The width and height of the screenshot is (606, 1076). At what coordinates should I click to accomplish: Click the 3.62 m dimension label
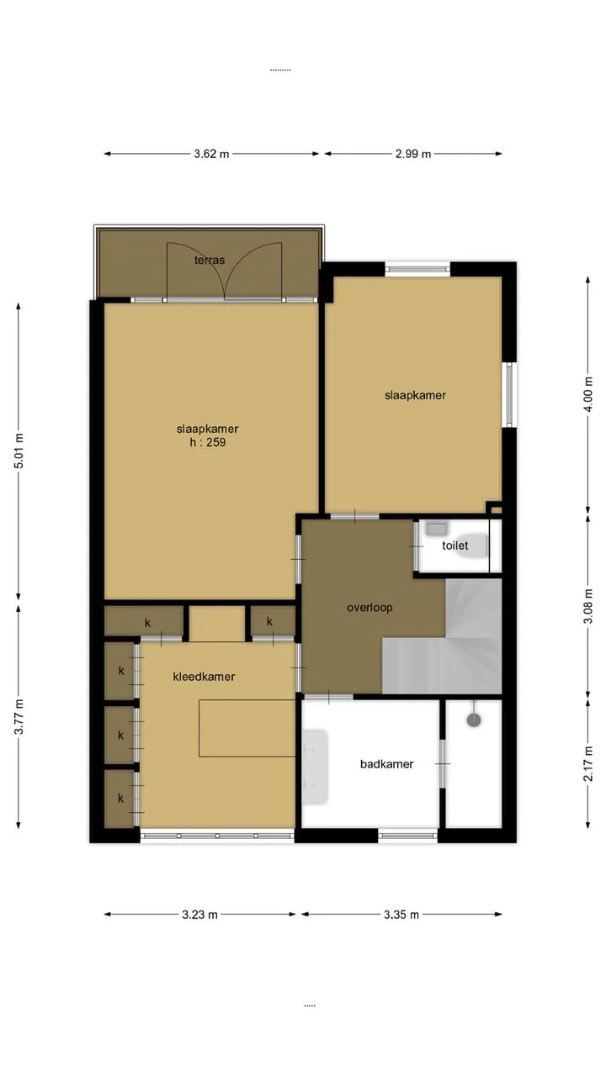pyautogui.click(x=211, y=154)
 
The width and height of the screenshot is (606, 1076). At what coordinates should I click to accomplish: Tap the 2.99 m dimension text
pyautogui.click(x=413, y=154)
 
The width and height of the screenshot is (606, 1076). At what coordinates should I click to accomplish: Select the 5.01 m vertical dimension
pyautogui.click(x=19, y=451)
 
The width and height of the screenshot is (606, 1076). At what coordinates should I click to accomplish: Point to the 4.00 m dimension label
pyautogui.click(x=588, y=394)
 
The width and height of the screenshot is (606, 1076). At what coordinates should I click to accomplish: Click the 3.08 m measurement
pyautogui.click(x=588, y=606)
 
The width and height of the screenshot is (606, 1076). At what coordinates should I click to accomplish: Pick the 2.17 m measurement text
pyautogui.click(x=588, y=764)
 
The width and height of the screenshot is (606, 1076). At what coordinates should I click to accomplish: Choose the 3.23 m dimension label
pyautogui.click(x=199, y=915)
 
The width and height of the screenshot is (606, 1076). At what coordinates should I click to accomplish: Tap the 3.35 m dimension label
pyautogui.click(x=401, y=915)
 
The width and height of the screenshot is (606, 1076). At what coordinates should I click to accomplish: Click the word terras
pyautogui.click(x=210, y=261)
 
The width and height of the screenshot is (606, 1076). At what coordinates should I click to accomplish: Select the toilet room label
pyautogui.click(x=455, y=546)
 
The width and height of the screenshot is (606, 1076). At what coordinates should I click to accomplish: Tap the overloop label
pyautogui.click(x=369, y=608)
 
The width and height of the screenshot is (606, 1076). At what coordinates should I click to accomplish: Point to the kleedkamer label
pyautogui.click(x=204, y=677)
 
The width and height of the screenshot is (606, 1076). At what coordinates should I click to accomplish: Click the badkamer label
pyautogui.click(x=386, y=764)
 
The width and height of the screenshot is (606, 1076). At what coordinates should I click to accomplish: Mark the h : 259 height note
pyautogui.click(x=207, y=442)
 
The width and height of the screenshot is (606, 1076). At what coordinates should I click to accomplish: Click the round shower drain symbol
pyautogui.click(x=474, y=720)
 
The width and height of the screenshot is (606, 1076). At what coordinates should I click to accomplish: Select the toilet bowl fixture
pyautogui.click(x=472, y=546)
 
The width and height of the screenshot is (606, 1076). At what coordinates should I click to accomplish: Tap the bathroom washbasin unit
pyautogui.click(x=315, y=767)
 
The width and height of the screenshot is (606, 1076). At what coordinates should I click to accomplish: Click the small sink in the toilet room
pyautogui.click(x=437, y=529)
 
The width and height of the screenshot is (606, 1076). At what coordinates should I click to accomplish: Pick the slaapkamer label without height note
pyautogui.click(x=415, y=395)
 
